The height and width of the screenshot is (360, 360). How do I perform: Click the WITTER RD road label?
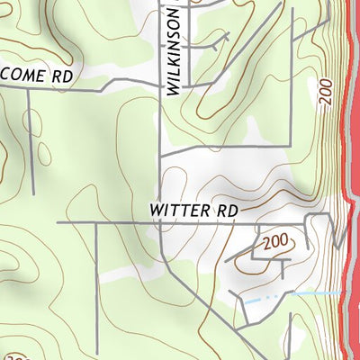pos(193,210)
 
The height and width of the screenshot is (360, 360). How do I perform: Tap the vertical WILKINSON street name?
pos(174,49)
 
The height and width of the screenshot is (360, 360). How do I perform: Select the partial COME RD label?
pos(36,77)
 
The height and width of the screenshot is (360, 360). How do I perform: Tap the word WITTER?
pos(180,210)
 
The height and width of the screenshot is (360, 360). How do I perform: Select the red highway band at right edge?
pos(352,180)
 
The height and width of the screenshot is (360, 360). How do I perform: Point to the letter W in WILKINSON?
pos(174,87)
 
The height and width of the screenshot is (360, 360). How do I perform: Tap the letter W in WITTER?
pos(157,210)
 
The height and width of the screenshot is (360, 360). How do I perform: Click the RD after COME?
pos(60,77)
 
